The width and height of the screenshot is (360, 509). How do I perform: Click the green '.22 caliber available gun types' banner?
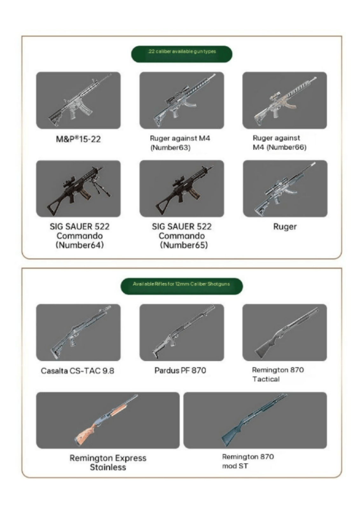click(182, 54)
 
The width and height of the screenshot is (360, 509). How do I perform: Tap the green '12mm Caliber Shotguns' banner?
click(182, 286)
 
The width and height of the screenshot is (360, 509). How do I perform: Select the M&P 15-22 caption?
click(78, 139)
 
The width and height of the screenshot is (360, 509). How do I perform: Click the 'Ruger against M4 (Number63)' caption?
click(180, 143)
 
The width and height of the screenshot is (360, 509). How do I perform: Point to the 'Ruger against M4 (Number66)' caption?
click(280, 143)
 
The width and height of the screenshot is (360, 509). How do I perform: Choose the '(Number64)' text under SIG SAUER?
click(80, 245)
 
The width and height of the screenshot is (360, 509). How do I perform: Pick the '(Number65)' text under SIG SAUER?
click(184, 245)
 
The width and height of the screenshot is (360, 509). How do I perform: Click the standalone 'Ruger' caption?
click(285, 227)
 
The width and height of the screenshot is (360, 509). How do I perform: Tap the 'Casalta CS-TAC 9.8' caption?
click(78, 371)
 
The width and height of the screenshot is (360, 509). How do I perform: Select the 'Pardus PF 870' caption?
click(180, 370)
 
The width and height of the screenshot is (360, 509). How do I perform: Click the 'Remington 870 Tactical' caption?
click(278, 374)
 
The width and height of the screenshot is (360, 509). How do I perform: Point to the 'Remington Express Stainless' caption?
click(108, 463)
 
